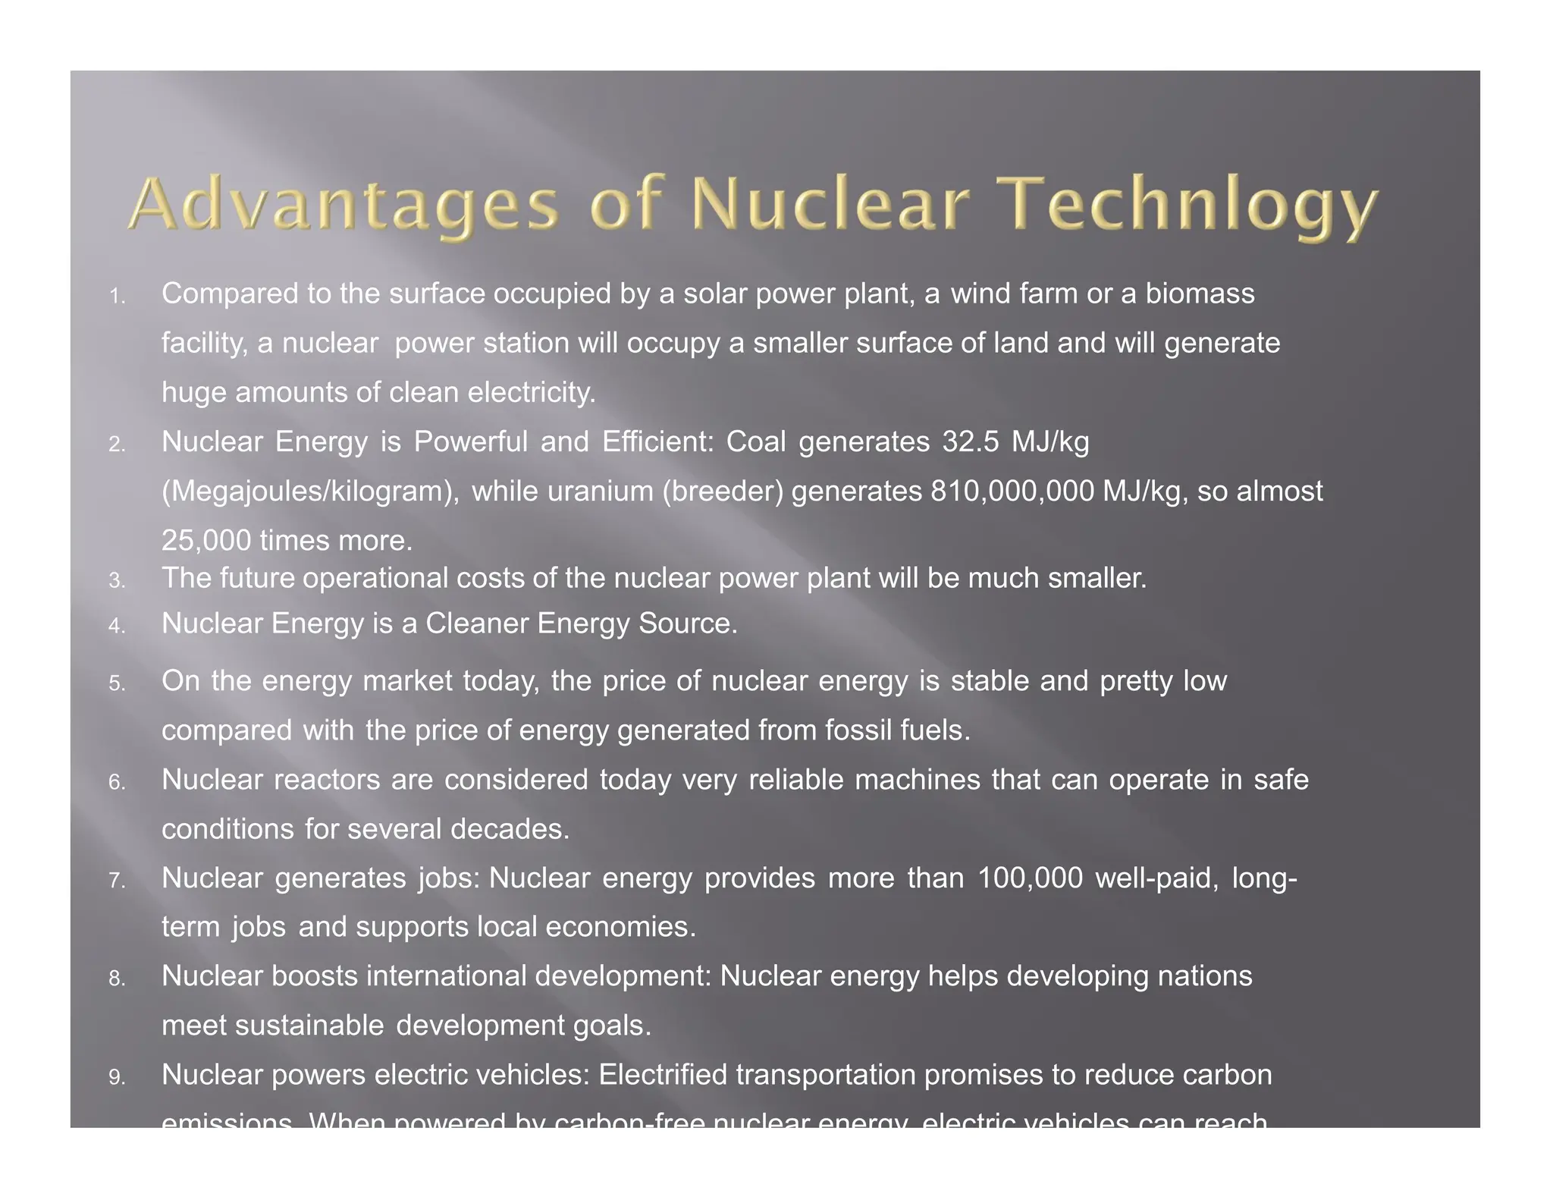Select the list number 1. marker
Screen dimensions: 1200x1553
pos(117,297)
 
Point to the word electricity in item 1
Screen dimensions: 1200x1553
pos(532,393)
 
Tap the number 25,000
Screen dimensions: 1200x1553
pos(206,541)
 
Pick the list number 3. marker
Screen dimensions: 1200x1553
pos(117,581)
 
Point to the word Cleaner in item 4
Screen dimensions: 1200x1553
pos(477,624)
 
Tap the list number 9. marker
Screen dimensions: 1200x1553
pos(117,1077)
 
